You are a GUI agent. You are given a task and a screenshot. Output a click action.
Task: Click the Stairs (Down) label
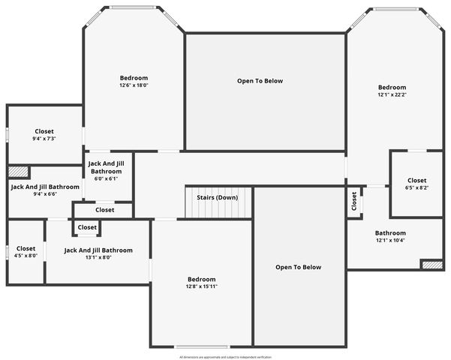pos(217,197)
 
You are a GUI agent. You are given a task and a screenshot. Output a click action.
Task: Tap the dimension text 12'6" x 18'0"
pos(134,85)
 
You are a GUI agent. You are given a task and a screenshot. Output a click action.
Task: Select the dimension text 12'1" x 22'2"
pos(392,95)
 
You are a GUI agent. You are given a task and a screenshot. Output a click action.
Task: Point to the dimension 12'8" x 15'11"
pos(201,286)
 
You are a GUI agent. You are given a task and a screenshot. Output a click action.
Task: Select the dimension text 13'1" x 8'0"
pos(98,258)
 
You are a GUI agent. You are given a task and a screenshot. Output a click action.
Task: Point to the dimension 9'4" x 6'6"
pos(44,194)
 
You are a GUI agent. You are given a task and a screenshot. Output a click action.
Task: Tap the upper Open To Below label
pos(260,81)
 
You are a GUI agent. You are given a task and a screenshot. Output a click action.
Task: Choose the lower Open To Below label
pos(298,267)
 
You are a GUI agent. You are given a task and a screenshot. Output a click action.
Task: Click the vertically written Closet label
pos(354,201)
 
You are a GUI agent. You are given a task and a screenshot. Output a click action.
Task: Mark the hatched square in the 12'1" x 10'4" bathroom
pos(431,265)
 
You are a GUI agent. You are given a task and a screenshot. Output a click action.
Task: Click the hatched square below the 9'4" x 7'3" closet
pos(18,171)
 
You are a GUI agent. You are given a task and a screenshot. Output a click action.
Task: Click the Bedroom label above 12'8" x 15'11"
pos(201,279)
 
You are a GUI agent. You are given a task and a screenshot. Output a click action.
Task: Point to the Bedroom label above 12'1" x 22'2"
pos(392,87)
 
